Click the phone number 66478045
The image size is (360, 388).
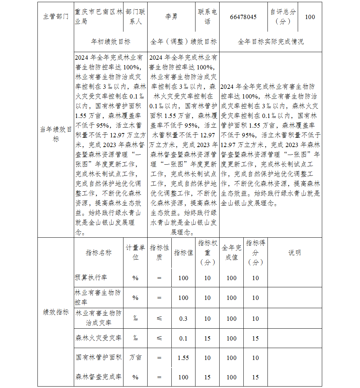click(x=243, y=17)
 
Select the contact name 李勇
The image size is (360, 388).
click(x=171, y=17)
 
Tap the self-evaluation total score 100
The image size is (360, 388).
click(x=310, y=17)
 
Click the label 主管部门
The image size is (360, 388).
click(x=56, y=17)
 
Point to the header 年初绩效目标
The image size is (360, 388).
click(x=111, y=42)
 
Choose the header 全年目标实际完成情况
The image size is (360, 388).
click(x=271, y=42)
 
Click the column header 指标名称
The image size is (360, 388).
click(x=99, y=252)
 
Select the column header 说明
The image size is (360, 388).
click(x=294, y=252)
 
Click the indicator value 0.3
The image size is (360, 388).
click(x=183, y=319)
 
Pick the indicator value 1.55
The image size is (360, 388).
click(x=183, y=358)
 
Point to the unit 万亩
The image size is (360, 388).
click(x=135, y=358)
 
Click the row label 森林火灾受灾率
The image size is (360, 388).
click(x=99, y=338)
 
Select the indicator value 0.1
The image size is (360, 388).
click(x=183, y=338)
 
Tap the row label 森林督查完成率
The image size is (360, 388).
click(x=99, y=377)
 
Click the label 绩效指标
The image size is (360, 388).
click(x=56, y=312)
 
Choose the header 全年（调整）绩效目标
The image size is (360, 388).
click(x=183, y=42)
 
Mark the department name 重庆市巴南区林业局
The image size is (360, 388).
click(x=99, y=17)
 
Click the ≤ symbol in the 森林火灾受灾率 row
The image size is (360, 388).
click(x=159, y=338)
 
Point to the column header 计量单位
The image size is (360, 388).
click(x=135, y=252)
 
